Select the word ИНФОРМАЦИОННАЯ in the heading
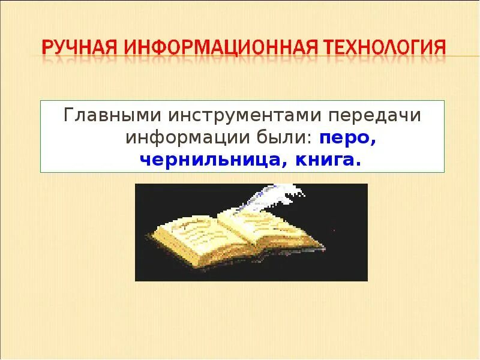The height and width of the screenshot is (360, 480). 213,47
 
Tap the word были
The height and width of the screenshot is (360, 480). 287,137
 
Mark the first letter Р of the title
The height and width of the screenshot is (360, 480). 47,47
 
